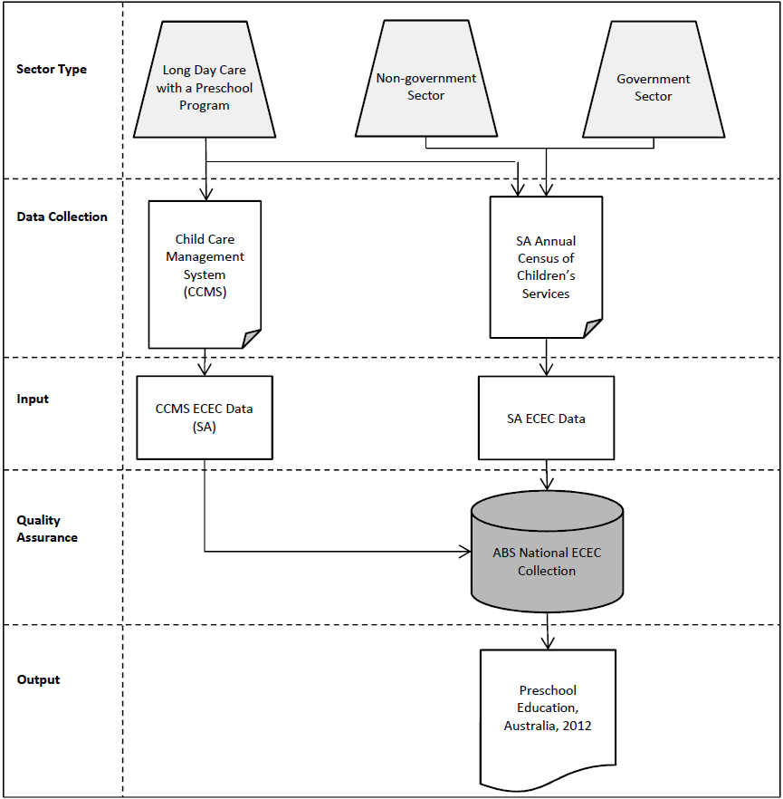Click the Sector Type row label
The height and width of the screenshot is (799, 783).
52,70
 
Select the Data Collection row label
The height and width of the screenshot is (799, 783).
62,217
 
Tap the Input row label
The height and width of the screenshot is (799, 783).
33,399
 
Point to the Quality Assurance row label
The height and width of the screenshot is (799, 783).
47,529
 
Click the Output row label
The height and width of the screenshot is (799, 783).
38,680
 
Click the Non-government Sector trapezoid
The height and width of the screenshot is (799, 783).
425,87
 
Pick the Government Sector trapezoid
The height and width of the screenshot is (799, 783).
653,87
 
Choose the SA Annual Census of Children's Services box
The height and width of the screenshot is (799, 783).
546,267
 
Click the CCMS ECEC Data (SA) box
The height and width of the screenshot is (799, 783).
205,417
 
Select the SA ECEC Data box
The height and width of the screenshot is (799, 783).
546,419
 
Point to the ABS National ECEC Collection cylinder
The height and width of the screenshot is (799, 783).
547,563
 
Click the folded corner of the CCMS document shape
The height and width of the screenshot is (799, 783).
252,339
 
